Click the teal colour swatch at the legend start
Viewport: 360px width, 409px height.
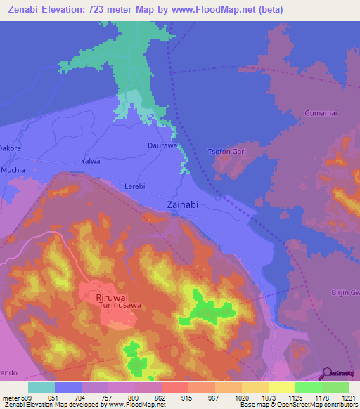click(x=41, y=387)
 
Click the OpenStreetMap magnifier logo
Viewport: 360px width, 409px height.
click(x=326, y=372)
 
